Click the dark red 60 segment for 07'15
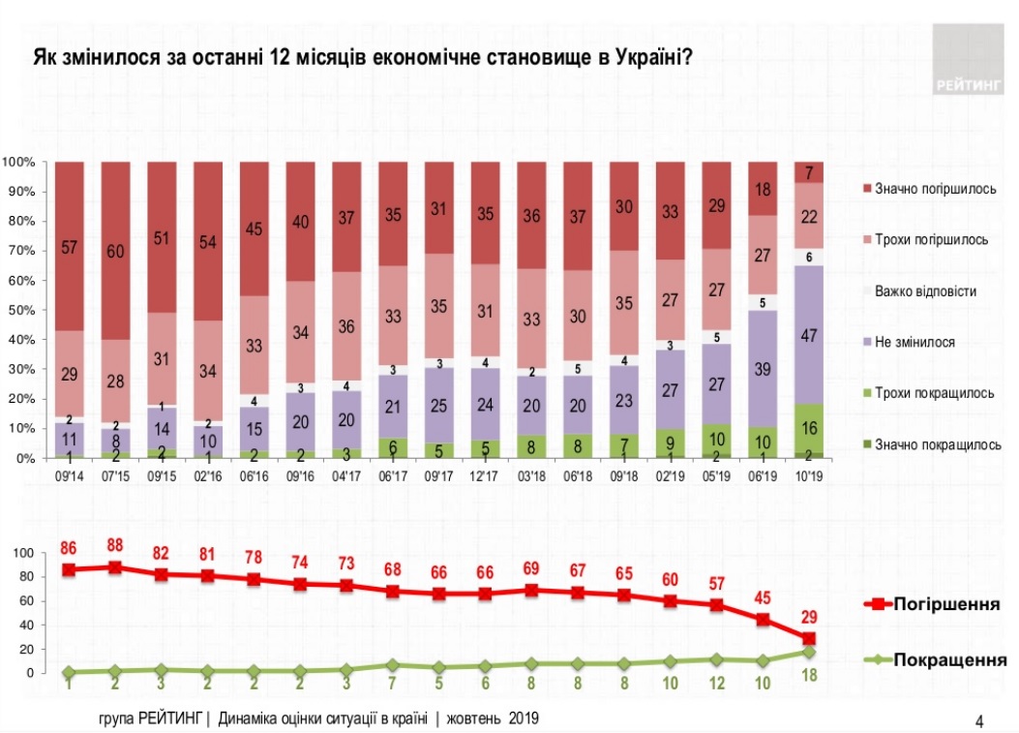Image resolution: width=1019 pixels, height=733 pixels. (115, 250)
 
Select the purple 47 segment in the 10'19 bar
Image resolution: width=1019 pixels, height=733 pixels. (808, 334)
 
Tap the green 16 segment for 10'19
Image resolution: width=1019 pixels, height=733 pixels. (808, 428)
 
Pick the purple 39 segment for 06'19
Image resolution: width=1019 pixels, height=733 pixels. (762, 368)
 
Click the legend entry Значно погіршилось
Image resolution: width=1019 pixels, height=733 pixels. (935, 188)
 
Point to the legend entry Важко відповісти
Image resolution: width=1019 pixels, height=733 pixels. (924, 290)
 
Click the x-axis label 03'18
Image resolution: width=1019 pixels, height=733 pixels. (531, 477)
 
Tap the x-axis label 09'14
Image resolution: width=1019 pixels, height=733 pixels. (69, 477)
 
